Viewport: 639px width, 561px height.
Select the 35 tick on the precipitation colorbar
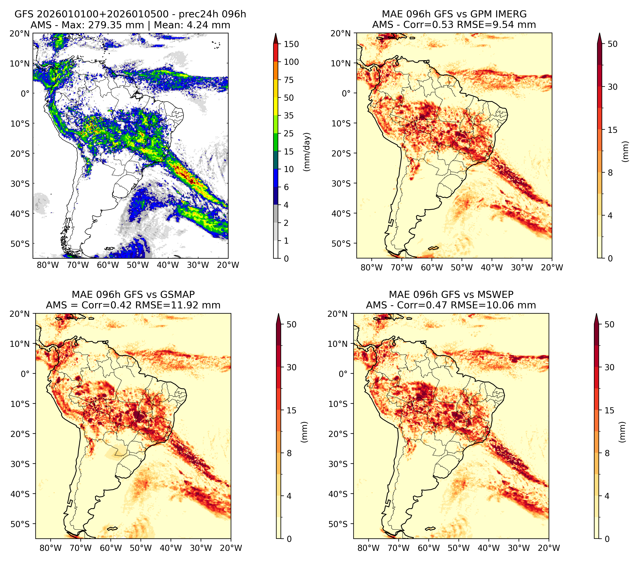pos(288,115)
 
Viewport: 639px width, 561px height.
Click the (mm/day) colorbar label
pos(307,152)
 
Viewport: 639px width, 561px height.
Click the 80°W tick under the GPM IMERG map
pos(371,267)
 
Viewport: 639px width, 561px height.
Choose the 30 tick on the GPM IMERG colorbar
pos(612,87)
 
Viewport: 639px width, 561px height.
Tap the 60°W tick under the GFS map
pos(108,265)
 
